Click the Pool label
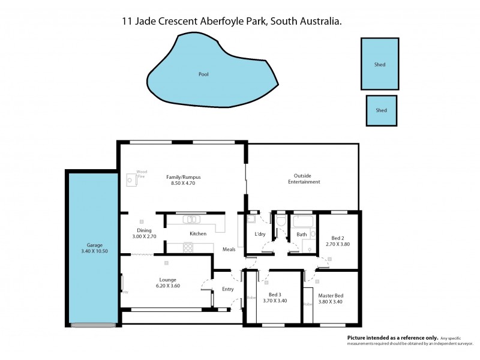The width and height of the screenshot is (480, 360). [x=203, y=75]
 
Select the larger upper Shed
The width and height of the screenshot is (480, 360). [x=380, y=64]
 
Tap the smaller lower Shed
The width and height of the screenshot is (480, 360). [x=381, y=110]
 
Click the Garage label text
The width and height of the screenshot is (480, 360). [x=94, y=245]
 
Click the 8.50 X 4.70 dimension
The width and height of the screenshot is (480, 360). [x=183, y=183]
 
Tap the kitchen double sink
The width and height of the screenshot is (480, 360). [x=193, y=219]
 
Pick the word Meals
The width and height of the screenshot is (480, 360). [x=229, y=249]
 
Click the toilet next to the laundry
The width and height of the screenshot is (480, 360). [x=281, y=223]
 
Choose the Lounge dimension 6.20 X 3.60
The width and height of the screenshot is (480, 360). [x=167, y=286]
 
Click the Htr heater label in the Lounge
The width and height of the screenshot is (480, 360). [x=125, y=292]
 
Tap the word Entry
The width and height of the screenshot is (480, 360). [x=228, y=289]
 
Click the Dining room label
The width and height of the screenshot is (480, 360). [x=143, y=230]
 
